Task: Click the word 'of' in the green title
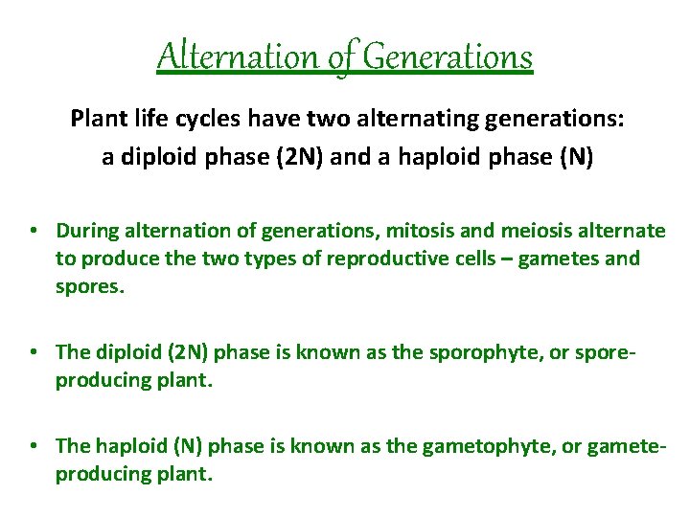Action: coord(340,56)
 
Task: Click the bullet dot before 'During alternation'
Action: coord(33,230)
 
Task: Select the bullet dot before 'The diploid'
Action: coord(33,352)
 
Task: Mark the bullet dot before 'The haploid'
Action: coord(33,445)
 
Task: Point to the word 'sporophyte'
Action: coord(461,352)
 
